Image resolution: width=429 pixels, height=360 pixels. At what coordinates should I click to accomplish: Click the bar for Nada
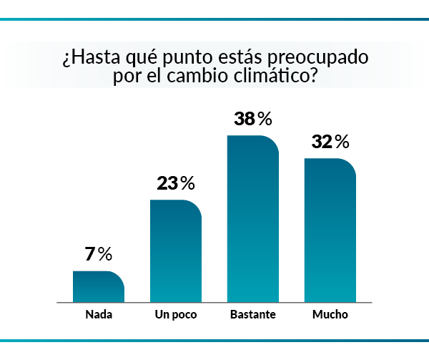point(99,286)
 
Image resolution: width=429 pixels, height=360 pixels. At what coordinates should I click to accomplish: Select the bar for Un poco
point(175,250)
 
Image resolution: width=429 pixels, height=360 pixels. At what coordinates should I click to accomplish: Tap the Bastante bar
point(252,218)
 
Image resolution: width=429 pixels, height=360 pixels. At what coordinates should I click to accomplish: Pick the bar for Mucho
point(330,229)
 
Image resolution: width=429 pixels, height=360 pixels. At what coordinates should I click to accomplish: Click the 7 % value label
point(99,254)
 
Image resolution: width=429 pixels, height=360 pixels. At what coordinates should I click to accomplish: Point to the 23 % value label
point(175,183)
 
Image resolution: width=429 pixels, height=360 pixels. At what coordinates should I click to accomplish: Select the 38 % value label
point(253,119)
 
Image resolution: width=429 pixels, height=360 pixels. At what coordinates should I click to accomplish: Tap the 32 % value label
point(330,142)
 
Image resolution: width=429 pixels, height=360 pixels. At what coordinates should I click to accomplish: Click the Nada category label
point(98,314)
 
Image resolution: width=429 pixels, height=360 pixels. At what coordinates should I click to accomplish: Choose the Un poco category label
point(175,314)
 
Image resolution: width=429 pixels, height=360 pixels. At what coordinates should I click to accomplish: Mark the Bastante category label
point(252,314)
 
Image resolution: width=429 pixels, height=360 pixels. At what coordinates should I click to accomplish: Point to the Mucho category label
point(330,314)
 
